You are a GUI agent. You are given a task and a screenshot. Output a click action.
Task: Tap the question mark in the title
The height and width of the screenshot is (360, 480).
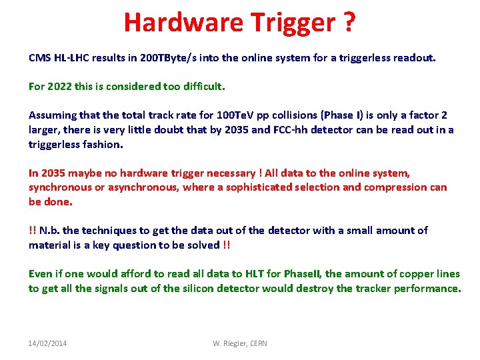349,23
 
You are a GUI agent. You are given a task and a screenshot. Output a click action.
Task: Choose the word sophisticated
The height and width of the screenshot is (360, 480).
261,187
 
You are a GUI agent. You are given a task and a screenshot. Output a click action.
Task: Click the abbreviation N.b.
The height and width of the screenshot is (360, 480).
50,231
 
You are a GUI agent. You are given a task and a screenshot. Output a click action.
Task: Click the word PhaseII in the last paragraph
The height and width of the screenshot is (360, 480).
301,274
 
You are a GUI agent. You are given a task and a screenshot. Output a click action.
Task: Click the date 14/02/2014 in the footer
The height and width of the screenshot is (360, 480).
47,343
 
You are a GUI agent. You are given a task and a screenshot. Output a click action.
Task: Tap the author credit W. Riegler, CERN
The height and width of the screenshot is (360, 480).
240,343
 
